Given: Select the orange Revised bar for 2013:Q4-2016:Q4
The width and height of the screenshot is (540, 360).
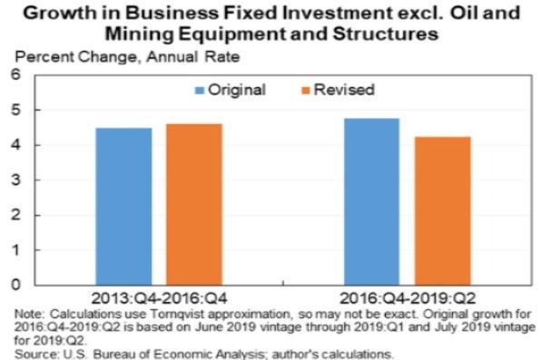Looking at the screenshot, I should pos(193,204).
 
